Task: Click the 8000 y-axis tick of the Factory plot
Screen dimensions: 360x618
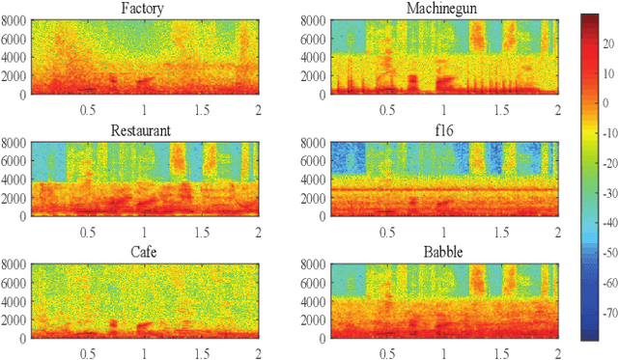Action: (14, 19)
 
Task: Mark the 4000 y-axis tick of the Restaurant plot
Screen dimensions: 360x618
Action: (14, 180)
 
